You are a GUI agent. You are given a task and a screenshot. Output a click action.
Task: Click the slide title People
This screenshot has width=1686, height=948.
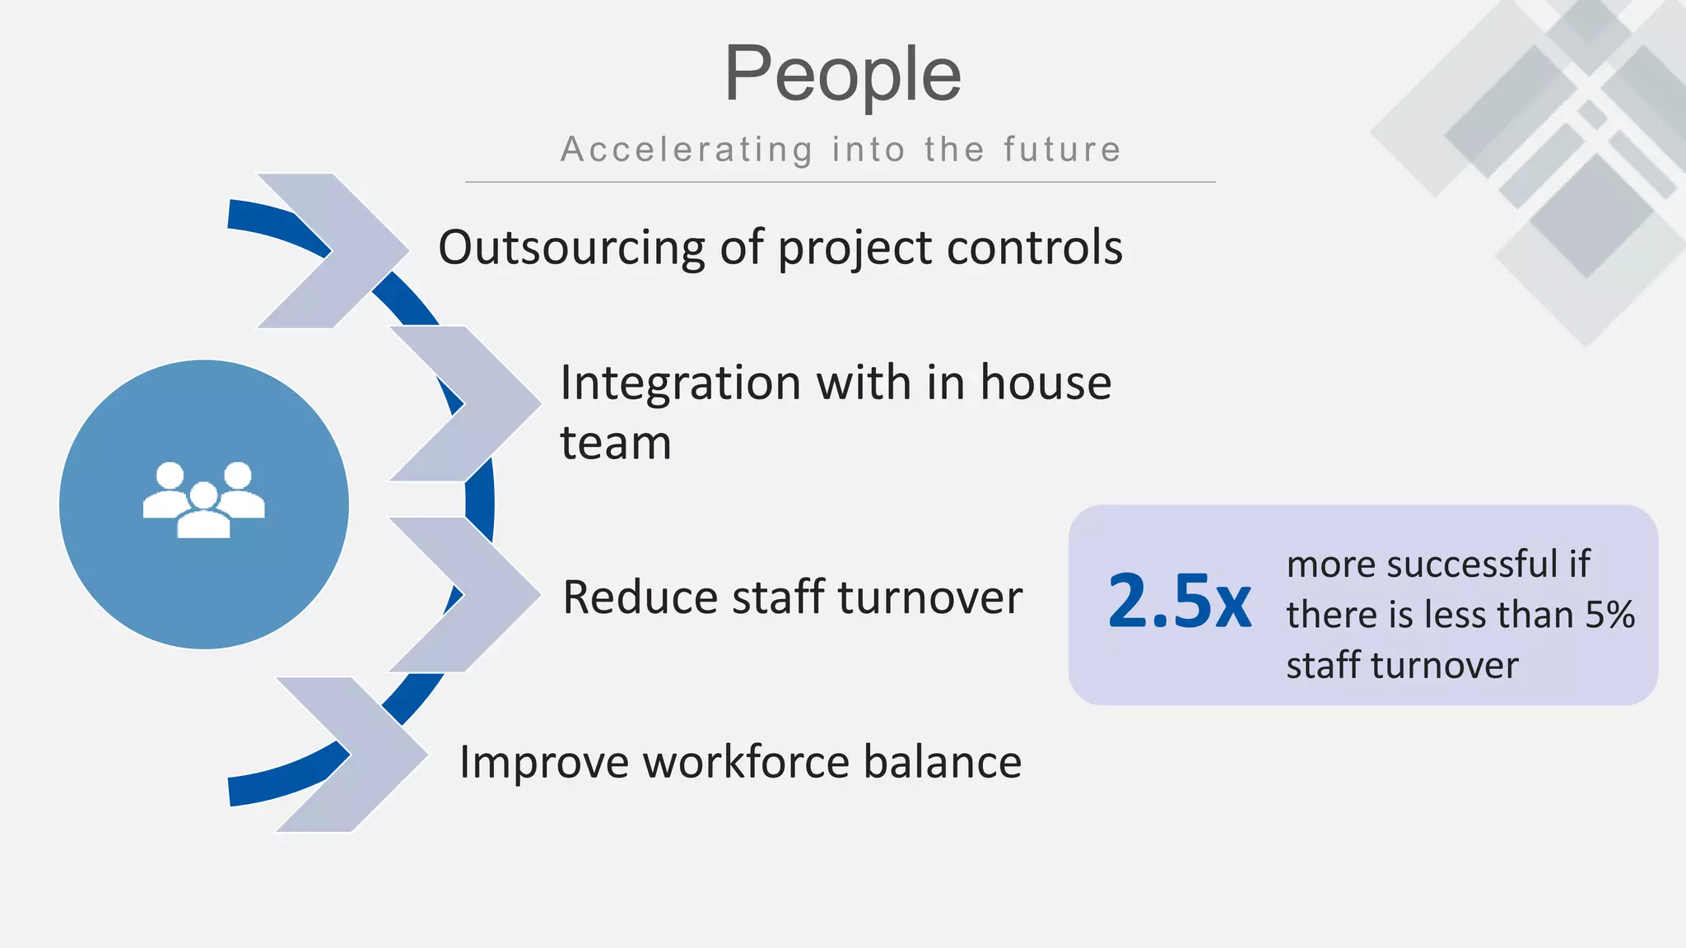pyautogui.click(x=842, y=74)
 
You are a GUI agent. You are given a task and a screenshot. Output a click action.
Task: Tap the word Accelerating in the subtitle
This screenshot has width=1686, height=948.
pyautogui.click(x=687, y=150)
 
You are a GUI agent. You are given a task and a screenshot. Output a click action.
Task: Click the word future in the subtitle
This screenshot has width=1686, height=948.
pyautogui.click(x=1062, y=150)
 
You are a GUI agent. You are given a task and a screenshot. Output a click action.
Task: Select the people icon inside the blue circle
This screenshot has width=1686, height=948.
pyautogui.click(x=204, y=500)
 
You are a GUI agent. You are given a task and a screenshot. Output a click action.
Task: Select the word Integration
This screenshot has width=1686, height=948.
pyautogui.click(x=680, y=383)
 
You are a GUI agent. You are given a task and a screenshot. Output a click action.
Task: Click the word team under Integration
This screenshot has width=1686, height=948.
pyautogui.click(x=616, y=444)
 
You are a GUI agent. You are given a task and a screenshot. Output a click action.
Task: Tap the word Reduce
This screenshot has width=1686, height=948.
pyautogui.click(x=640, y=597)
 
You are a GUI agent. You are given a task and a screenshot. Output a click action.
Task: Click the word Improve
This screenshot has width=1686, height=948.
pyautogui.click(x=543, y=762)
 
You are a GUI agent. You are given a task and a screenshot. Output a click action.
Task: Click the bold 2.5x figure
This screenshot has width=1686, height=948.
pyautogui.click(x=1179, y=602)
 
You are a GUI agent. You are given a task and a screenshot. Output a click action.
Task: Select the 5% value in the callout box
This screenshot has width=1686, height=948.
pyautogui.click(x=1610, y=615)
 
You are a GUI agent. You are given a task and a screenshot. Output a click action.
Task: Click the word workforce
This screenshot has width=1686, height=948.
pyautogui.click(x=746, y=762)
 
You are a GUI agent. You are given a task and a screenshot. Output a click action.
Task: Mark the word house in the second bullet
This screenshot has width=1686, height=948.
pyautogui.click(x=1046, y=383)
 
